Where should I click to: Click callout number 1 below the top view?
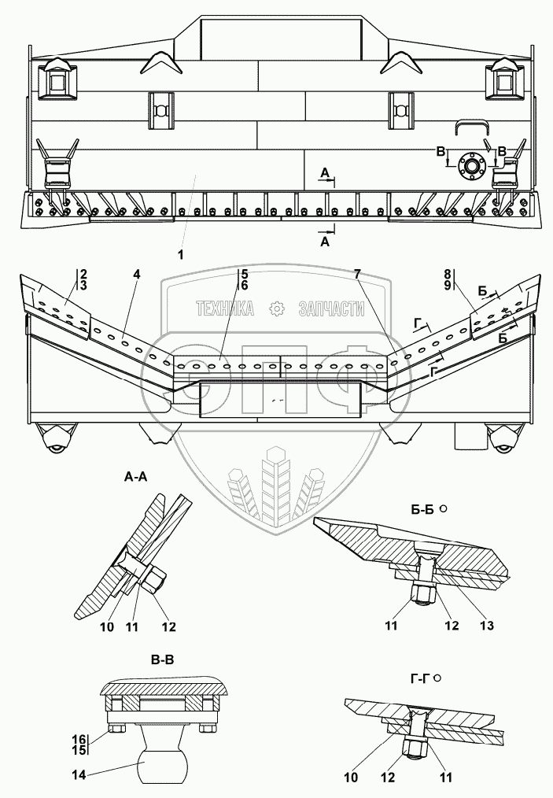click(180, 254)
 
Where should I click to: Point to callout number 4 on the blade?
click(137, 275)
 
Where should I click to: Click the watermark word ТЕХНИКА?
click(225, 309)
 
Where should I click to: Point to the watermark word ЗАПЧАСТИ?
click(331, 309)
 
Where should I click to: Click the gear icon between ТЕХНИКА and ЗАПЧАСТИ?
click(275, 309)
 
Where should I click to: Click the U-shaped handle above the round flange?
click(471, 128)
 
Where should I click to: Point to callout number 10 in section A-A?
click(107, 627)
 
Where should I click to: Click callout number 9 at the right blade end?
click(447, 285)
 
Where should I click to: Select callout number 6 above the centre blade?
click(245, 285)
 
